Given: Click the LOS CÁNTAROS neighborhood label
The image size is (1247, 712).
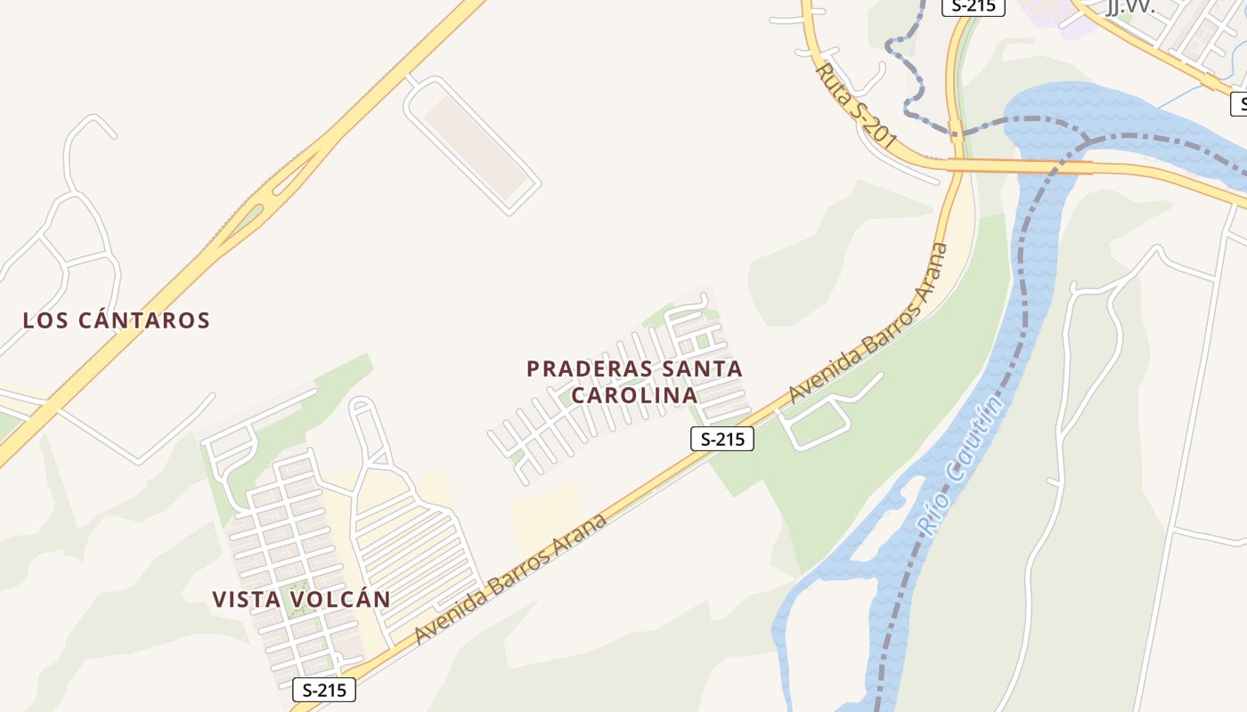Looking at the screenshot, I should (116, 320).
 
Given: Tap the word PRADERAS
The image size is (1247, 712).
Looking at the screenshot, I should (590, 368).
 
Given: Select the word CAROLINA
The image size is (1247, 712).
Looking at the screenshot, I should (633, 395).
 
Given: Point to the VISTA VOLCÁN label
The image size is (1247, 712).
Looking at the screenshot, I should (301, 599).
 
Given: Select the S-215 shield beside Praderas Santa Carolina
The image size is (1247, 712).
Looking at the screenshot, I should (721, 439).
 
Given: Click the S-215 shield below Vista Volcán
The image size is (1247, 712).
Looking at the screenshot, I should (324, 689).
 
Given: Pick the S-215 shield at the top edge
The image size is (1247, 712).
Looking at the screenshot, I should (974, 6).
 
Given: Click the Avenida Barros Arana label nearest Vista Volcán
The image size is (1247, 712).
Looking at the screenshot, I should (511, 579).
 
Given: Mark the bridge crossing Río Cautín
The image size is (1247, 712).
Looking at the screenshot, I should (1051, 166).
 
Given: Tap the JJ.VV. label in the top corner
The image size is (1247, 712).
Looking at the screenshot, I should (1129, 7).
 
